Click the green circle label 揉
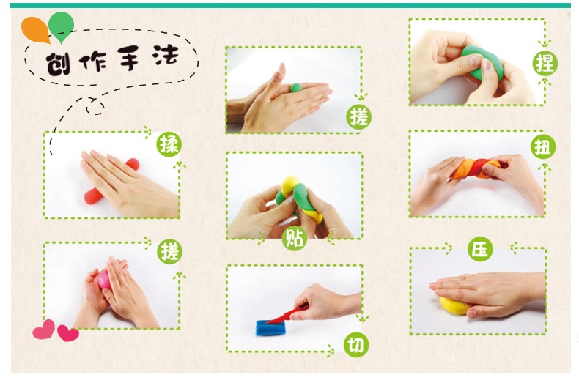click(x=169, y=144)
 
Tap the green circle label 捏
click(x=545, y=64)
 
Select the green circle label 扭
click(x=543, y=147)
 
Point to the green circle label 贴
click(x=295, y=238)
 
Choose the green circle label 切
click(x=356, y=345)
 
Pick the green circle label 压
click(x=480, y=249)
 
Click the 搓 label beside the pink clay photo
click(x=170, y=252)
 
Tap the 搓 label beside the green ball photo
click(x=358, y=117)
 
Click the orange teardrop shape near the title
click(x=35, y=29)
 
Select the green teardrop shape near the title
click(x=61, y=26)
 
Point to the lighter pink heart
click(x=44, y=330)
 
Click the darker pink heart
click(x=68, y=333)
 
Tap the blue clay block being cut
click(x=271, y=327)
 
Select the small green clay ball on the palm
click(x=296, y=87)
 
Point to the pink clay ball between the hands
click(x=104, y=279)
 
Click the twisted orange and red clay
click(x=474, y=169)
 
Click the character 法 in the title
click(x=165, y=56)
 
